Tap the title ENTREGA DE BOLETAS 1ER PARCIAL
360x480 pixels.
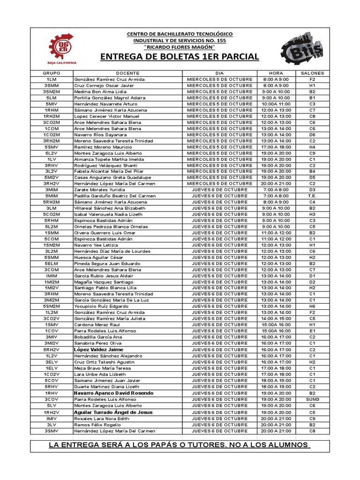(x=180, y=57)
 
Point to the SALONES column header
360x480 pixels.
(x=312, y=74)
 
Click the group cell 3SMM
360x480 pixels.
(x=52, y=86)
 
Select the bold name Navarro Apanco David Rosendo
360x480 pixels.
(x=114, y=393)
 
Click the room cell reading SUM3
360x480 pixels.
(x=312, y=399)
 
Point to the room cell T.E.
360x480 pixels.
(x=312, y=196)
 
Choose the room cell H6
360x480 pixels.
(x=312, y=307)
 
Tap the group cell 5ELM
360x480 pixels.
(x=52, y=263)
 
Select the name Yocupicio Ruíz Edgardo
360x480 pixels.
(x=102, y=307)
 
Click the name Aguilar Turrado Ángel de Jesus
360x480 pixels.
(x=113, y=412)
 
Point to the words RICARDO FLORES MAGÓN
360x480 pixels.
(x=180, y=47)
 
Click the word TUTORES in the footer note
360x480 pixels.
(x=221, y=445)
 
